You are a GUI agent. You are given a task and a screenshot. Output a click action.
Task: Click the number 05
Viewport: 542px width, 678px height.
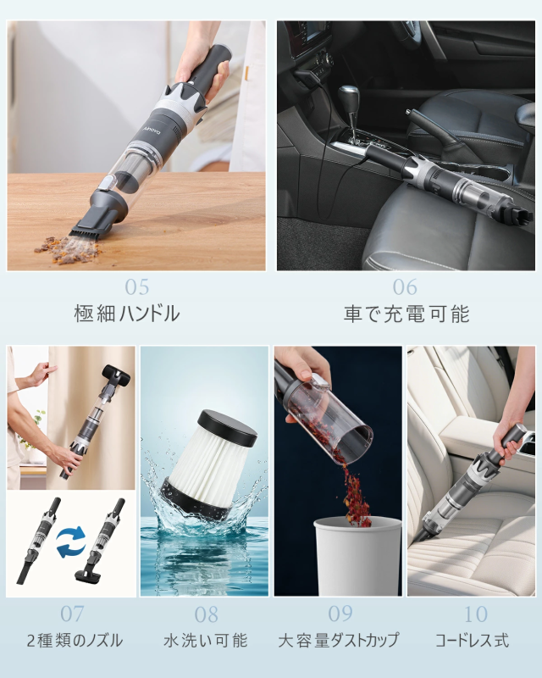136,287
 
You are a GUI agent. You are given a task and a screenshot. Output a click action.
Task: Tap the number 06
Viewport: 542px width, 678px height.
405,287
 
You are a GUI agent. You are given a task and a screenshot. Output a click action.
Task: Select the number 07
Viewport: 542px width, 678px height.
72,614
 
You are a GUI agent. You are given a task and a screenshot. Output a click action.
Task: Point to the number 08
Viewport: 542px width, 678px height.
206,614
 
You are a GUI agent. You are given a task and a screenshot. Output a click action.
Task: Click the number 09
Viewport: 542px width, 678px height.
340,614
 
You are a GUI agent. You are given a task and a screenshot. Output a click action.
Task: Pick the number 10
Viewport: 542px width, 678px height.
475,614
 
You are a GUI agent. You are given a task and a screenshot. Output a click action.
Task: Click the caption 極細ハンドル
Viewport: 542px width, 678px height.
127,314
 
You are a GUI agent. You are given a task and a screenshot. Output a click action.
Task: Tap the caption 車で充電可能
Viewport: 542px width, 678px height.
406,314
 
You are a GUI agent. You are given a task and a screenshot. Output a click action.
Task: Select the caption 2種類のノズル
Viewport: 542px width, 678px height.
75,641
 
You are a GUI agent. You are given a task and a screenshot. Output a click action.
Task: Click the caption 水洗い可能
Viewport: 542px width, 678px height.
205,641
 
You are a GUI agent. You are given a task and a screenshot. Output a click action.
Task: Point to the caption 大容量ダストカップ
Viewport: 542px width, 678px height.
339,641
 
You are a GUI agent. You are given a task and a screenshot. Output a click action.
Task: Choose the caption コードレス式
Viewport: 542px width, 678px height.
472,641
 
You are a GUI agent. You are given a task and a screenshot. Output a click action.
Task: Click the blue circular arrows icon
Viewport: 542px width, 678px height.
71,542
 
